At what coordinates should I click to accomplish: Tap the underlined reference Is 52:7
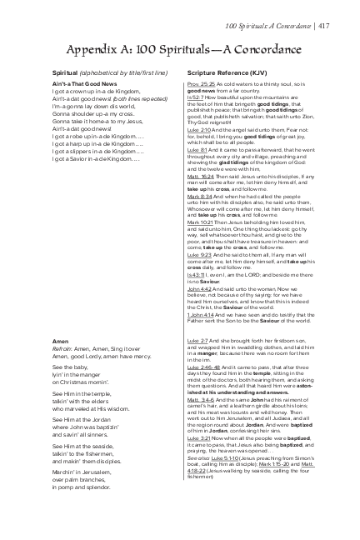click(196, 96)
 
